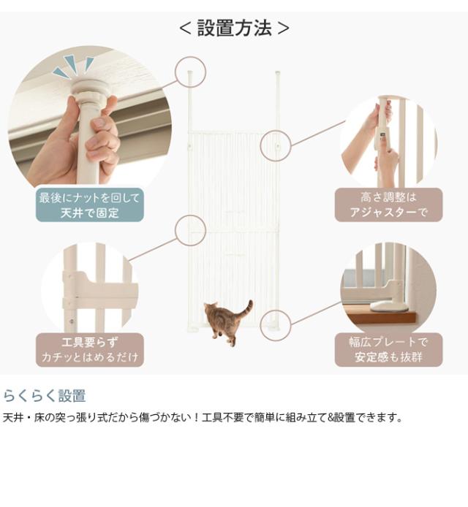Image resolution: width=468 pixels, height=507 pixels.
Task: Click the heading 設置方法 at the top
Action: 234,28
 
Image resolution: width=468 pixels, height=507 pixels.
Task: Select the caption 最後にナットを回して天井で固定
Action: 89,205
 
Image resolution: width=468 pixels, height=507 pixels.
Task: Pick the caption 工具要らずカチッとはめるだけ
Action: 89,349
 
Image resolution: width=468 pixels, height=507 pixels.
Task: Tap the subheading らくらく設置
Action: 45,396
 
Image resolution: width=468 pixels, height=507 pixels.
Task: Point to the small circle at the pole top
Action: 191,72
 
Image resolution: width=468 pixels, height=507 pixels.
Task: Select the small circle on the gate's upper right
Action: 276,145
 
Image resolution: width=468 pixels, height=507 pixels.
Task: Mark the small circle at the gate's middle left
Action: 191,230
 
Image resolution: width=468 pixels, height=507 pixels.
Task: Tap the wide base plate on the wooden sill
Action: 388,306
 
